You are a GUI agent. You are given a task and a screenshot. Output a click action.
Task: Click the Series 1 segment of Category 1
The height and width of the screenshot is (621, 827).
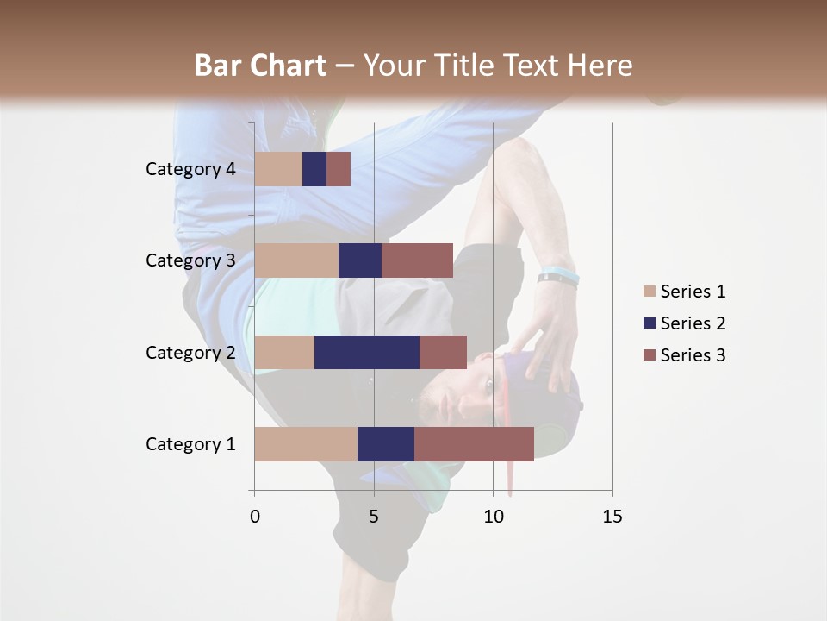tap(306, 444)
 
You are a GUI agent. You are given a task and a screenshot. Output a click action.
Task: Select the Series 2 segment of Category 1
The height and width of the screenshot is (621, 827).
tap(386, 444)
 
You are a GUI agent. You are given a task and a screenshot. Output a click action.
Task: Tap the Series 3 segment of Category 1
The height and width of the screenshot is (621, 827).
tap(474, 444)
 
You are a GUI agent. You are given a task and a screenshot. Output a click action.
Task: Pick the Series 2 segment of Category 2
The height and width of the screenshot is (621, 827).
tap(367, 352)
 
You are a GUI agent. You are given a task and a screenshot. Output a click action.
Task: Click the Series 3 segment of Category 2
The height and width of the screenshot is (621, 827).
tap(443, 352)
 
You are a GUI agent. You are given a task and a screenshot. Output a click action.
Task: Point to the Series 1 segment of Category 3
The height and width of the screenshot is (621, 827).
tap(296, 260)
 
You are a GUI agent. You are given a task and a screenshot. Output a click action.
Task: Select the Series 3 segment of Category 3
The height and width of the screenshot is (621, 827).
tap(417, 260)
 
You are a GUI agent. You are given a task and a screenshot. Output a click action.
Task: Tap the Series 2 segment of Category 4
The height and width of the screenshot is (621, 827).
tap(314, 169)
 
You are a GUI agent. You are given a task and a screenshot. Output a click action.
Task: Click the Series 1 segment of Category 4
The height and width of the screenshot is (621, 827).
tap(278, 169)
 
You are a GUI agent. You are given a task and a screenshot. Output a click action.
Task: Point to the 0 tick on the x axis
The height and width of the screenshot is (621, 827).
tap(255, 517)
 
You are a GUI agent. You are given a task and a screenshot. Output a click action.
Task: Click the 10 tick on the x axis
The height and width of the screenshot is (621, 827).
tap(493, 517)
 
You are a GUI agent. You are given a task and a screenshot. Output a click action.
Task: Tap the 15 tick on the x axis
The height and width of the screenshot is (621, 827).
tap(612, 517)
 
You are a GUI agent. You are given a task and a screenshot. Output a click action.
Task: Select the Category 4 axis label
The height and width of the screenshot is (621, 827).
tap(190, 169)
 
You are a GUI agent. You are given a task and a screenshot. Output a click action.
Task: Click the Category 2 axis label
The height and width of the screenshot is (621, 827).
tap(190, 352)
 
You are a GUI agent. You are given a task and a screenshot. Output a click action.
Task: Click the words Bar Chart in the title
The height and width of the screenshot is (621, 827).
tap(259, 65)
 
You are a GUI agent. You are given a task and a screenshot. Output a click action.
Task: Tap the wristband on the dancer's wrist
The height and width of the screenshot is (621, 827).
tap(558, 278)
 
